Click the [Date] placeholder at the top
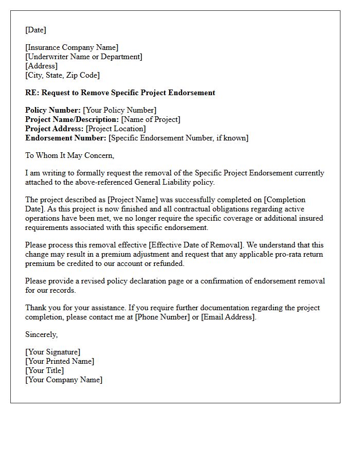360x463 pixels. [x=35, y=30]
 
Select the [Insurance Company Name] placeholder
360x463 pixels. [x=71, y=48]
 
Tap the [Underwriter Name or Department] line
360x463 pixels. [x=84, y=57]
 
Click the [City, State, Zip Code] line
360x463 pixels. [x=62, y=75]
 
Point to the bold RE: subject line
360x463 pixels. [x=120, y=93]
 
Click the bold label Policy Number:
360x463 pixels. [x=53, y=110]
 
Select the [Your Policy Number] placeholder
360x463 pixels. [x=120, y=110]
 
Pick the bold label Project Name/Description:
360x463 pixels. [x=72, y=119]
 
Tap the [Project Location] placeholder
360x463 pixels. [x=116, y=129]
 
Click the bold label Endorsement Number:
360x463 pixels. [x=66, y=138]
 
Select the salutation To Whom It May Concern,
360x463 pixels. [x=69, y=155]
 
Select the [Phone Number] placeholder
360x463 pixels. [x=162, y=317]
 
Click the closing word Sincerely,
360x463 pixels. [x=41, y=334]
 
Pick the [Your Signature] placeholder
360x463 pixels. [x=52, y=352]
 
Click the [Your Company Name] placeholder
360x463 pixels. [x=64, y=380]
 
